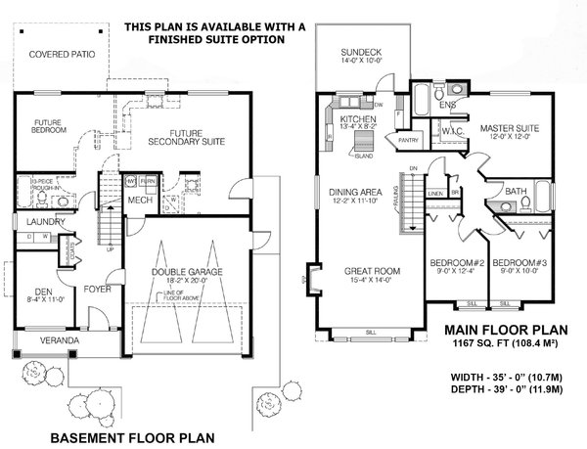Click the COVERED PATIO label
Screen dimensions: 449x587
tap(61, 55)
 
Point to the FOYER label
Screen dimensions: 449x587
tap(96, 290)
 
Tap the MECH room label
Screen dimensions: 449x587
tap(141, 201)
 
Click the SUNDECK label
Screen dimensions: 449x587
tap(348, 50)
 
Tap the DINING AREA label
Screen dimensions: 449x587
tap(349, 194)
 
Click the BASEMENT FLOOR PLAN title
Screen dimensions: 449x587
tap(131, 436)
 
